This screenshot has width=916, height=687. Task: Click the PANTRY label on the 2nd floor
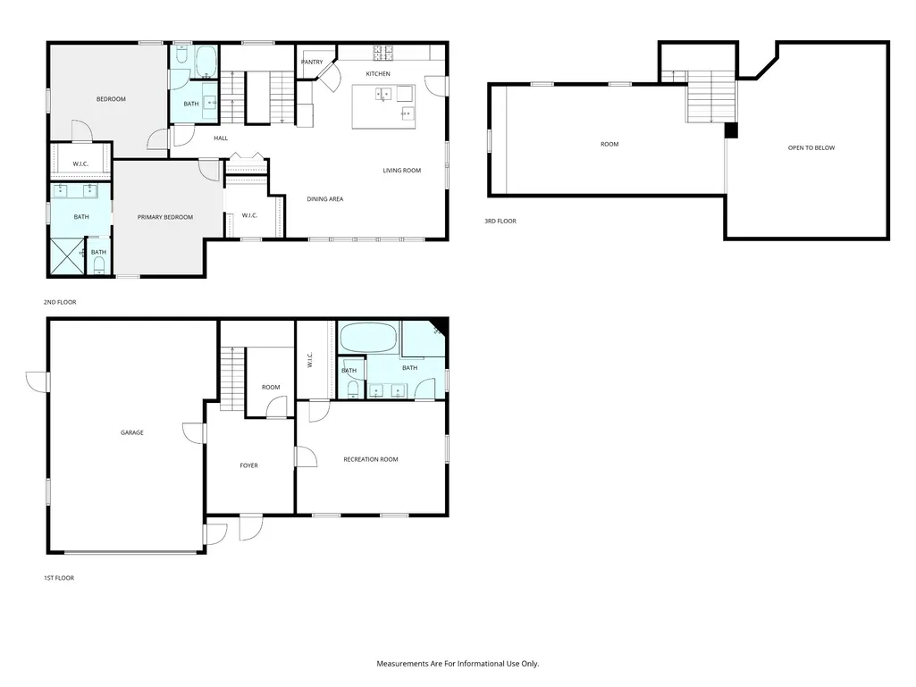click(x=312, y=62)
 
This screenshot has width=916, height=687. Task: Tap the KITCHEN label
click(x=378, y=73)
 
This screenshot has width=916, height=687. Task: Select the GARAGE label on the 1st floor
click(x=132, y=433)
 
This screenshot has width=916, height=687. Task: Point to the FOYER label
click(x=248, y=465)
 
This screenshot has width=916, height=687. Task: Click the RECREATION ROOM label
click(x=371, y=460)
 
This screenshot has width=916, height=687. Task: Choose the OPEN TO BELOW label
click(x=811, y=147)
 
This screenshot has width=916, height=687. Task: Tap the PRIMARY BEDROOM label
click(x=165, y=217)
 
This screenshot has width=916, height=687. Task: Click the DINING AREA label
click(x=325, y=199)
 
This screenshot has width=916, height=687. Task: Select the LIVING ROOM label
click(x=402, y=171)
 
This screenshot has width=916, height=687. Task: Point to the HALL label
click(x=221, y=138)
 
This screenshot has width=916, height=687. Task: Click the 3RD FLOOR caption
click(x=500, y=221)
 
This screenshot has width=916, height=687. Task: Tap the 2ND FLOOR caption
click(x=60, y=302)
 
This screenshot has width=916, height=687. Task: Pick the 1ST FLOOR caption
click(x=59, y=578)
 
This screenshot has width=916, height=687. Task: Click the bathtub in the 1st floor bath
click(x=368, y=338)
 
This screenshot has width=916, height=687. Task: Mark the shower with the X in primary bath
click(x=67, y=256)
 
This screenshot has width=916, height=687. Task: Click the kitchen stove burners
click(x=383, y=53)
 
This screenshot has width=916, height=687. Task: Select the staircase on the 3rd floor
click(x=710, y=97)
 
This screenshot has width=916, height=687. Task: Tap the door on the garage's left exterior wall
click(x=38, y=382)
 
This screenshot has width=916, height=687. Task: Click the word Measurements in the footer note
click(x=402, y=664)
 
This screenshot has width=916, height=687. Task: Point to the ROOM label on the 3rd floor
click(x=609, y=145)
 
